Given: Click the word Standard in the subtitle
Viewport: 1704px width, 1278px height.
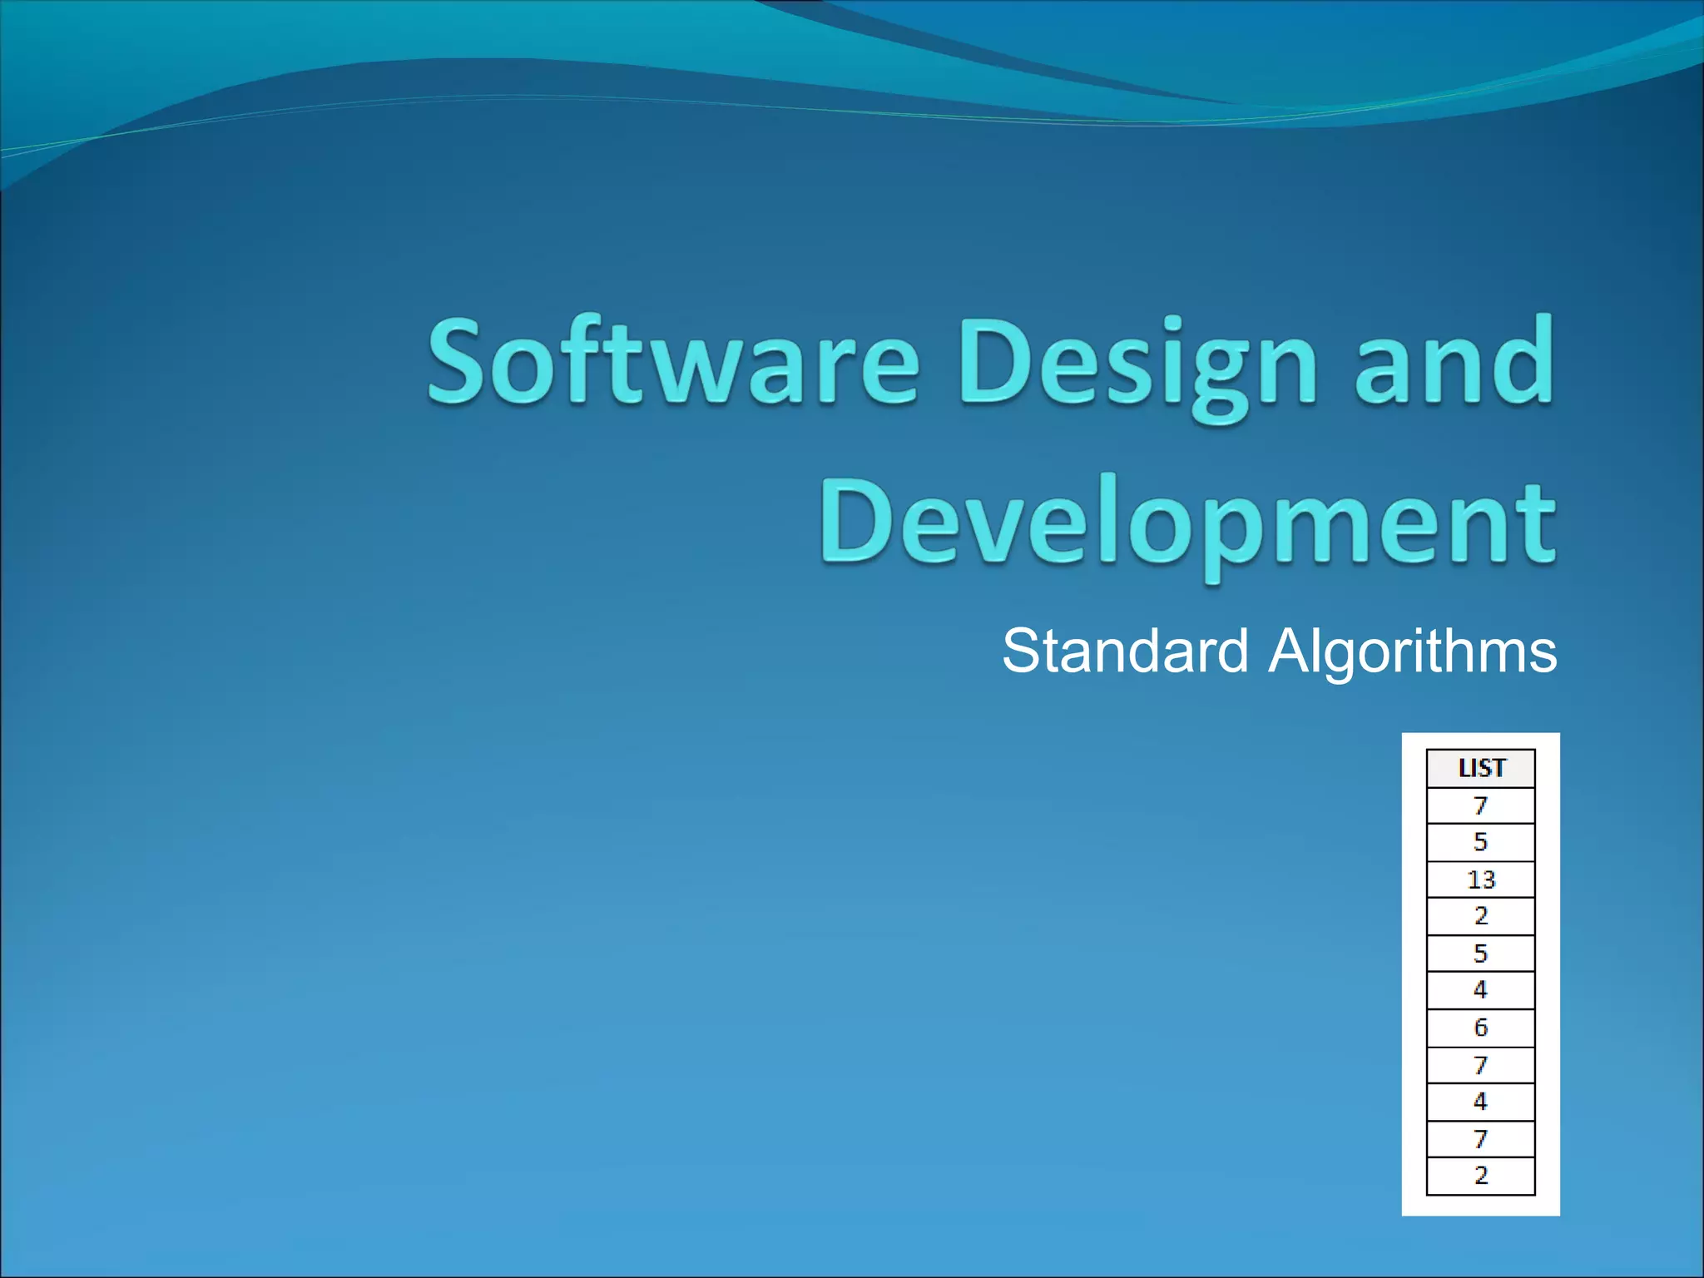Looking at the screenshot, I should pyautogui.click(x=1125, y=651).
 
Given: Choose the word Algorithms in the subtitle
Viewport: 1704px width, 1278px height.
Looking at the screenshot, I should pyautogui.click(x=1412, y=651).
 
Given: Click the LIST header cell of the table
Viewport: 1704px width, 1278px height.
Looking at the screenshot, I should pyautogui.click(x=1481, y=768).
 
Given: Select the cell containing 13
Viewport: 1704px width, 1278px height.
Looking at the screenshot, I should pyautogui.click(x=1481, y=879).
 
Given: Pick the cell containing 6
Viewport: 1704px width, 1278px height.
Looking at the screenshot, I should pyautogui.click(x=1481, y=1028).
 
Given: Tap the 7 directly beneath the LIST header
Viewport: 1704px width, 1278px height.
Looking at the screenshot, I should pyautogui.click(x=1481, y=805).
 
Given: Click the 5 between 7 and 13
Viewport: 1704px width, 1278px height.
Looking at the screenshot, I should pyautogui.click(x=1481, y=842).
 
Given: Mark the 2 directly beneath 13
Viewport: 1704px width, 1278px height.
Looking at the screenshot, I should pyautogui.click(x=1481, y=916).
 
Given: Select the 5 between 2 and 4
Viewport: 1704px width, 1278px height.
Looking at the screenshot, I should pyautogui.click(x=1481, y=954).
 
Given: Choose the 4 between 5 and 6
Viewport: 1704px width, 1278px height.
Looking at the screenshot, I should pyautogui.click(x=1481, y=990).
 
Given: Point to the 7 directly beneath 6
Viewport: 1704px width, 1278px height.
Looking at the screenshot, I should pyautogui.click(x=1481, y=1065).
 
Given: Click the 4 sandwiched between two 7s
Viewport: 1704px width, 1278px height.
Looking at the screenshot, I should pyautogui.click(x=1481, y=1102).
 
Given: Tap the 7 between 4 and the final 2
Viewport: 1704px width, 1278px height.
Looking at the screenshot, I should pyautogui.click(x=1481, y=1139).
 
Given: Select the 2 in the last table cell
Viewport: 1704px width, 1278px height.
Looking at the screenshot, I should pyautogui.click(x=1481, y=1176).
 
